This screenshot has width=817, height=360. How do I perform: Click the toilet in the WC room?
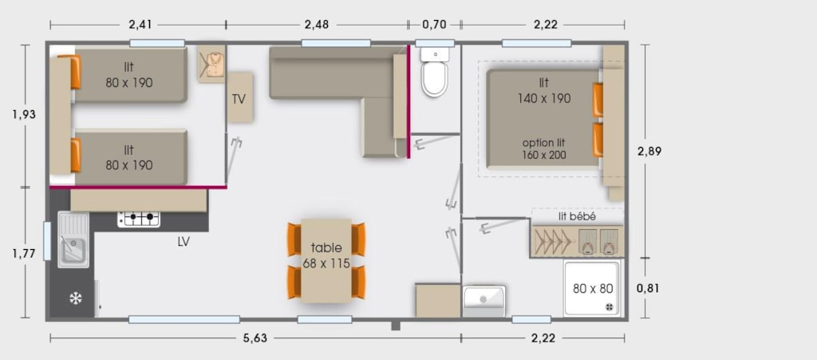click(435, 72)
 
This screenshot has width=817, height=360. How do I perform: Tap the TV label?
click(239, 99)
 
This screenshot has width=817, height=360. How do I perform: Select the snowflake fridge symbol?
click(76, 299)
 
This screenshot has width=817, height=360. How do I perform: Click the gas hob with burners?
click(139, 220)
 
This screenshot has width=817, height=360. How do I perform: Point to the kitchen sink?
click(73, 239)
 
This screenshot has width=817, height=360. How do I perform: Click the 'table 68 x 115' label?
click(326, 255)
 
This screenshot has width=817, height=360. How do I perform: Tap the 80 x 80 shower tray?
click(593, 289)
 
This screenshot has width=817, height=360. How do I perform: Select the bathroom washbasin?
click(484, 301)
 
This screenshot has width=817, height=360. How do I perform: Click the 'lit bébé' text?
click(577, 217)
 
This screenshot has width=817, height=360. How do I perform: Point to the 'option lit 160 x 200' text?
click(544, 149)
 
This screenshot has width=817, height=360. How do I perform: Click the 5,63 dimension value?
click(255, 338)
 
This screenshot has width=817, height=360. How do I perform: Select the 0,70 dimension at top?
click(435, 24)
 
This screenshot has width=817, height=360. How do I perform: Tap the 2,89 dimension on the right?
click(649, 152)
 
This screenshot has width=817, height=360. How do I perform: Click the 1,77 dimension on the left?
click(24, 254)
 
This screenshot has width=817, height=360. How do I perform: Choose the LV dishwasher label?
click(184, 242)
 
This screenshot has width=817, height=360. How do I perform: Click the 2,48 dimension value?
click(317, 24)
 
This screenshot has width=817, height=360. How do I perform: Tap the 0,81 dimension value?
click(649, 287)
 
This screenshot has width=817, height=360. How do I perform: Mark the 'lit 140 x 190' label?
click(544, 91)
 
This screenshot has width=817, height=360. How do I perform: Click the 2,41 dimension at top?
click(140, 24)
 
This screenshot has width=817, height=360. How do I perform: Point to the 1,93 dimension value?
click(24, 115)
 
